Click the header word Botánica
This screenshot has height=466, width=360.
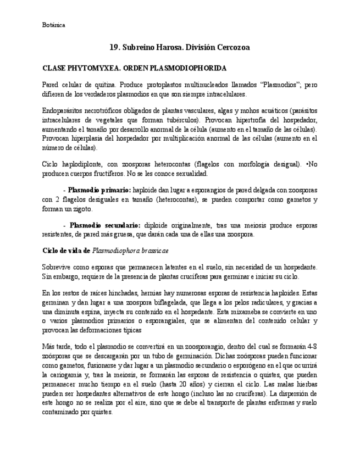(x=53, y=25)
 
